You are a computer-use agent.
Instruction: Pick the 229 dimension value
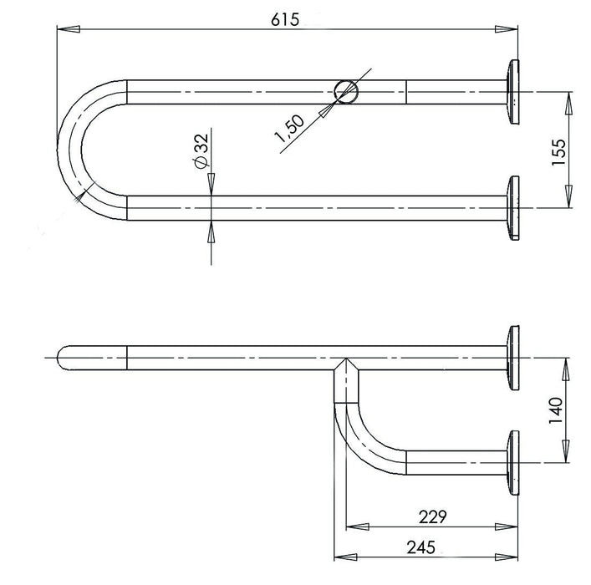(x=431, y=516)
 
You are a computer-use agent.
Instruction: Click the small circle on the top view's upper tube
(x=345, y=91)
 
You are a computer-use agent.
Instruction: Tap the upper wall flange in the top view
(x=512, y=92)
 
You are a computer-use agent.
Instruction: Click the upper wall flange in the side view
(x=512, y=358)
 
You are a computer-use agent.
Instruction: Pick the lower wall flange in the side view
(x=512, y=462)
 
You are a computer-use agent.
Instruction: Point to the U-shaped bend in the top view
(x=79, y=150)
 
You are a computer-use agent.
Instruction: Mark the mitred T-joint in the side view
(x=344, y=368)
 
